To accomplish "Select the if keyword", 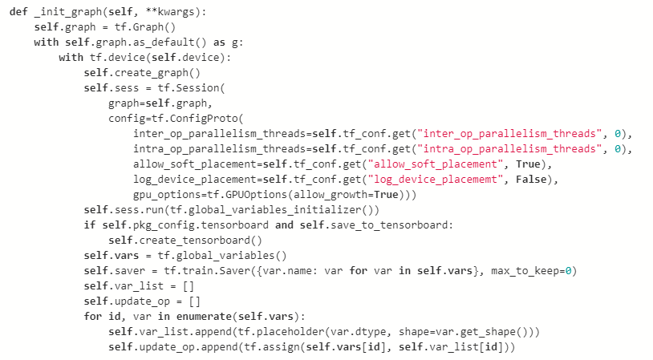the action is (90, 225).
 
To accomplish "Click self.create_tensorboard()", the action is (189, 241).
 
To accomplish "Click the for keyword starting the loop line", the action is (93, 317).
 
